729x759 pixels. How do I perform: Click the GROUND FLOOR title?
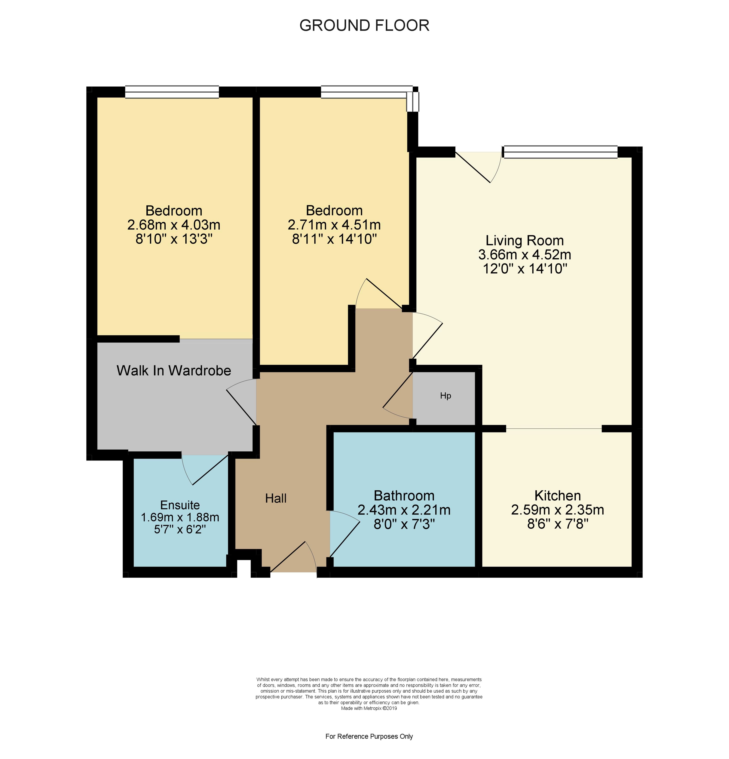[364, 26]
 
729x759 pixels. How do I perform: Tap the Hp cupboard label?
[445, 396]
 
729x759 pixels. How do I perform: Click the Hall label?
[276, 498]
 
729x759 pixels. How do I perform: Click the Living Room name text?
[524, 240]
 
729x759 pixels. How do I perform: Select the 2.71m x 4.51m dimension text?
[334, 225]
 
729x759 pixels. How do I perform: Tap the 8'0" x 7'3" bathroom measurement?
[404, 524]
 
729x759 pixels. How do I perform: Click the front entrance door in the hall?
[293, 557]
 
